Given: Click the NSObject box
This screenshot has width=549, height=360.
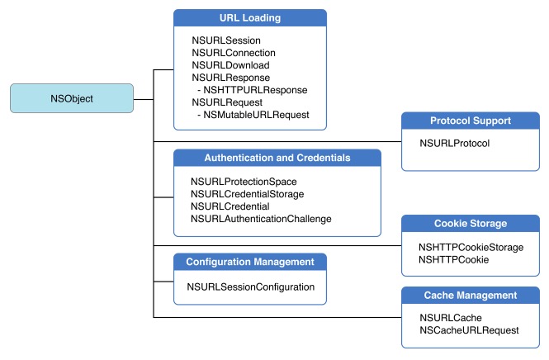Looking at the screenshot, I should (x=71, y=98).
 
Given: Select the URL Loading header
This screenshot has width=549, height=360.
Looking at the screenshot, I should (x=250, y=18).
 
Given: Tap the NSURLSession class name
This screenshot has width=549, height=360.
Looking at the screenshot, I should (x=225, y=40).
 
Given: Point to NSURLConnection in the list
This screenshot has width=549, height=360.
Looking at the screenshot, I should (x=233, y=52).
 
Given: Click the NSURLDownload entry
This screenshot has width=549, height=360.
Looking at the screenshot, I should (x=230, y=64).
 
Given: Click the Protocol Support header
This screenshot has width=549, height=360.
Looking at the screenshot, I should (x=470, y=121).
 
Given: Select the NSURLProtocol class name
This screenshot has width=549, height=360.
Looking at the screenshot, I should (x=455, y=143).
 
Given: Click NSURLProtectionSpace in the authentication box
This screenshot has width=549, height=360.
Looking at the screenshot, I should (x=244, y=181).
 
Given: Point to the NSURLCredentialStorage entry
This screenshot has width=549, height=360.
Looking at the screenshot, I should (x=248, y=193).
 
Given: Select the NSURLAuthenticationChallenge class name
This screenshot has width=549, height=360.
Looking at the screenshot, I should (x=261, y=218).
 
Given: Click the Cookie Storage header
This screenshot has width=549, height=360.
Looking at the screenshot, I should (x=470, y=223).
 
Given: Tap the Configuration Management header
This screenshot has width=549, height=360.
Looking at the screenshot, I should (x=250, y=263).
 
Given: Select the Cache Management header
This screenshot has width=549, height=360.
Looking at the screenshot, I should (x=470, y=295).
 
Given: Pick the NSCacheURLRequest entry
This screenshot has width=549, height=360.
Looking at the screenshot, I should (x=469, y=329).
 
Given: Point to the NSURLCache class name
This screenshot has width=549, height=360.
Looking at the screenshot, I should (x=451, y=317).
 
